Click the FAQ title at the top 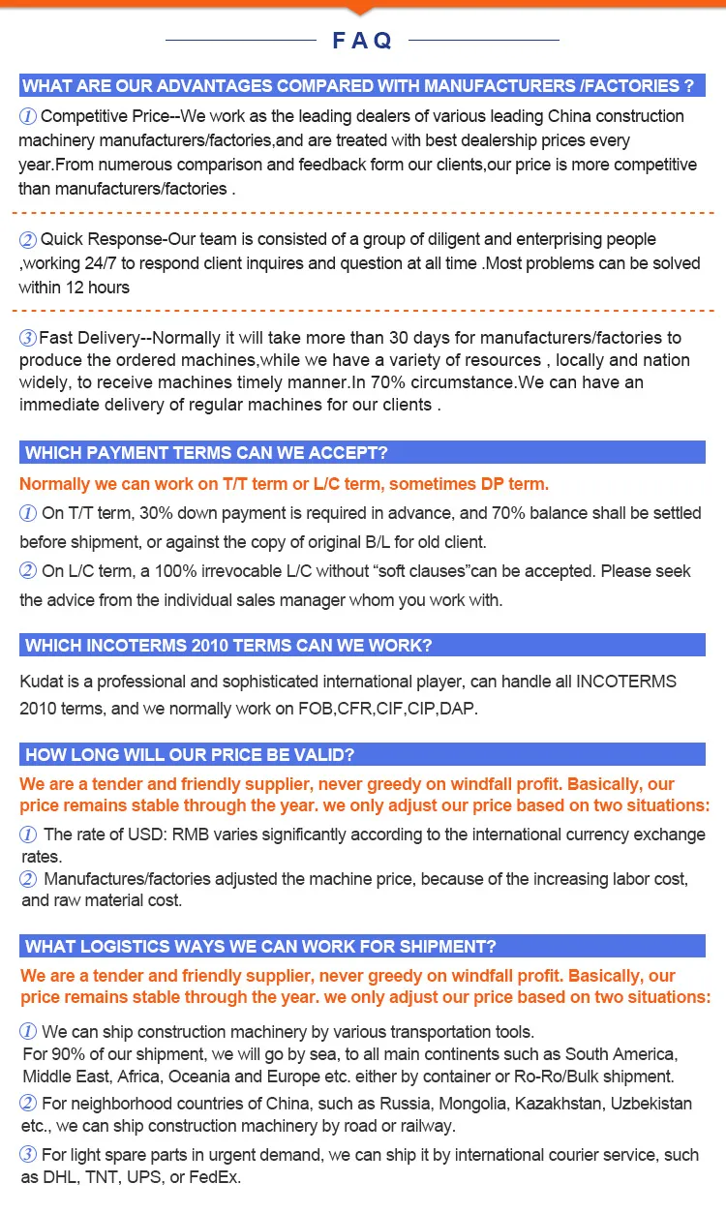point(362,40)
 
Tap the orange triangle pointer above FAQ point(362,10)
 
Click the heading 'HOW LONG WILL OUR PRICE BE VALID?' point(189,754)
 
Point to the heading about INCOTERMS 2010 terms point(228,645)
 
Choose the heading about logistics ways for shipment point(260,946)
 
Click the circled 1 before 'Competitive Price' point(28,116)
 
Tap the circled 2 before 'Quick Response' point(28,240)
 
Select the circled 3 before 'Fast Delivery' point(28,338)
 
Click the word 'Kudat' point(41,682)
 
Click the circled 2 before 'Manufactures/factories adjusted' point(29,879)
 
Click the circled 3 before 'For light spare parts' point(29,1154)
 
